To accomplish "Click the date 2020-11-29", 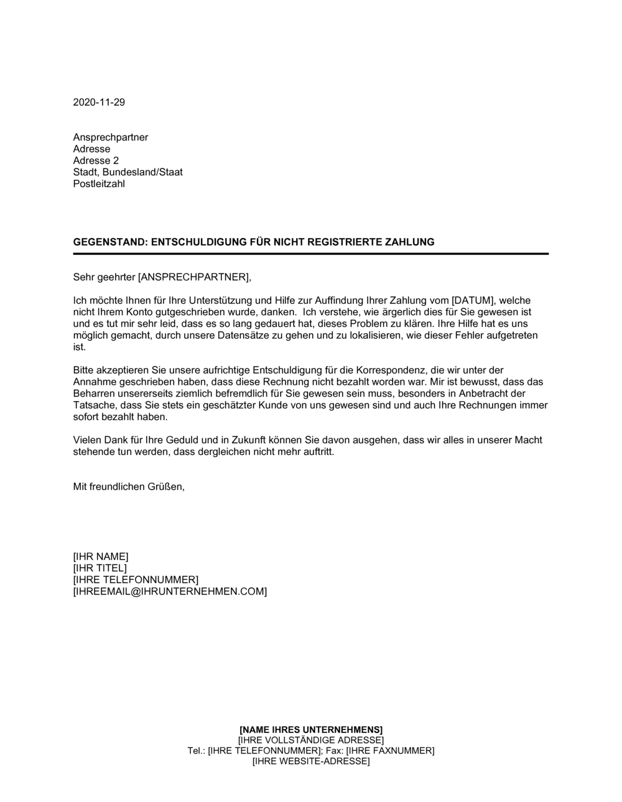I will (x=99, y=103).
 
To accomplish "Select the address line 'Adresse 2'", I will (x=96, y=160).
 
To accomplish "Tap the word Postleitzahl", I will (x=99, y=184).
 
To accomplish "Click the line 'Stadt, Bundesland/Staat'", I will (x=128, y=172).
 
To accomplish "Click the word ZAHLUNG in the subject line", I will (x=411, y=242).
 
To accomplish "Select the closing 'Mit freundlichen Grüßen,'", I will (x=129, y=487).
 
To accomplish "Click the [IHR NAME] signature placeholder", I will (x=101, y=556).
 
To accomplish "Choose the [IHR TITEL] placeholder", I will (x=100, y=568).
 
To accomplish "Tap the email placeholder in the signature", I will (x=170, y=591).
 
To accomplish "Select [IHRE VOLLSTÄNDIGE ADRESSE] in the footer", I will (x=311, y=740).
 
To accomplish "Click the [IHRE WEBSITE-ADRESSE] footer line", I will (x=311, y=761).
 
